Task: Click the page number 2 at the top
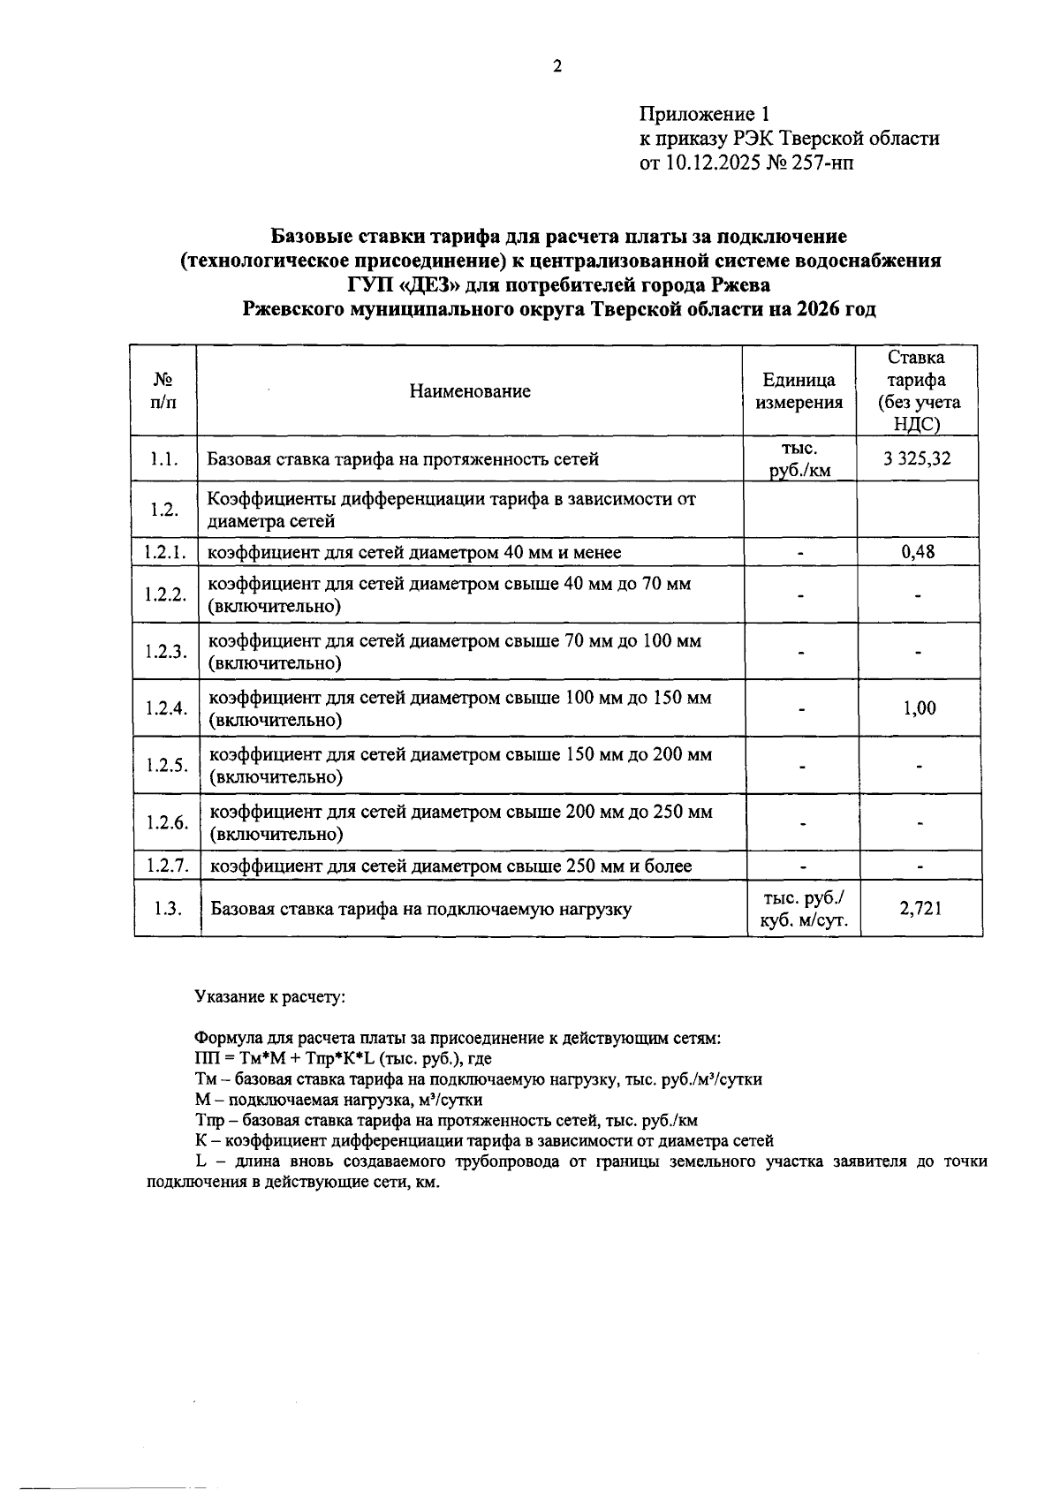556,67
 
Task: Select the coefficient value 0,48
918,552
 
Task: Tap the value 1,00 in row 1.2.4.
919,708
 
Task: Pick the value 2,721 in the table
920,908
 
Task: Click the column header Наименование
469,391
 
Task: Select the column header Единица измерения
799,391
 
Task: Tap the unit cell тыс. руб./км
799,459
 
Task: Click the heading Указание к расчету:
269,996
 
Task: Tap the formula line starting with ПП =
343,1058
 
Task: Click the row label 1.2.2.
166,594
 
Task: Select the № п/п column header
163,391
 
